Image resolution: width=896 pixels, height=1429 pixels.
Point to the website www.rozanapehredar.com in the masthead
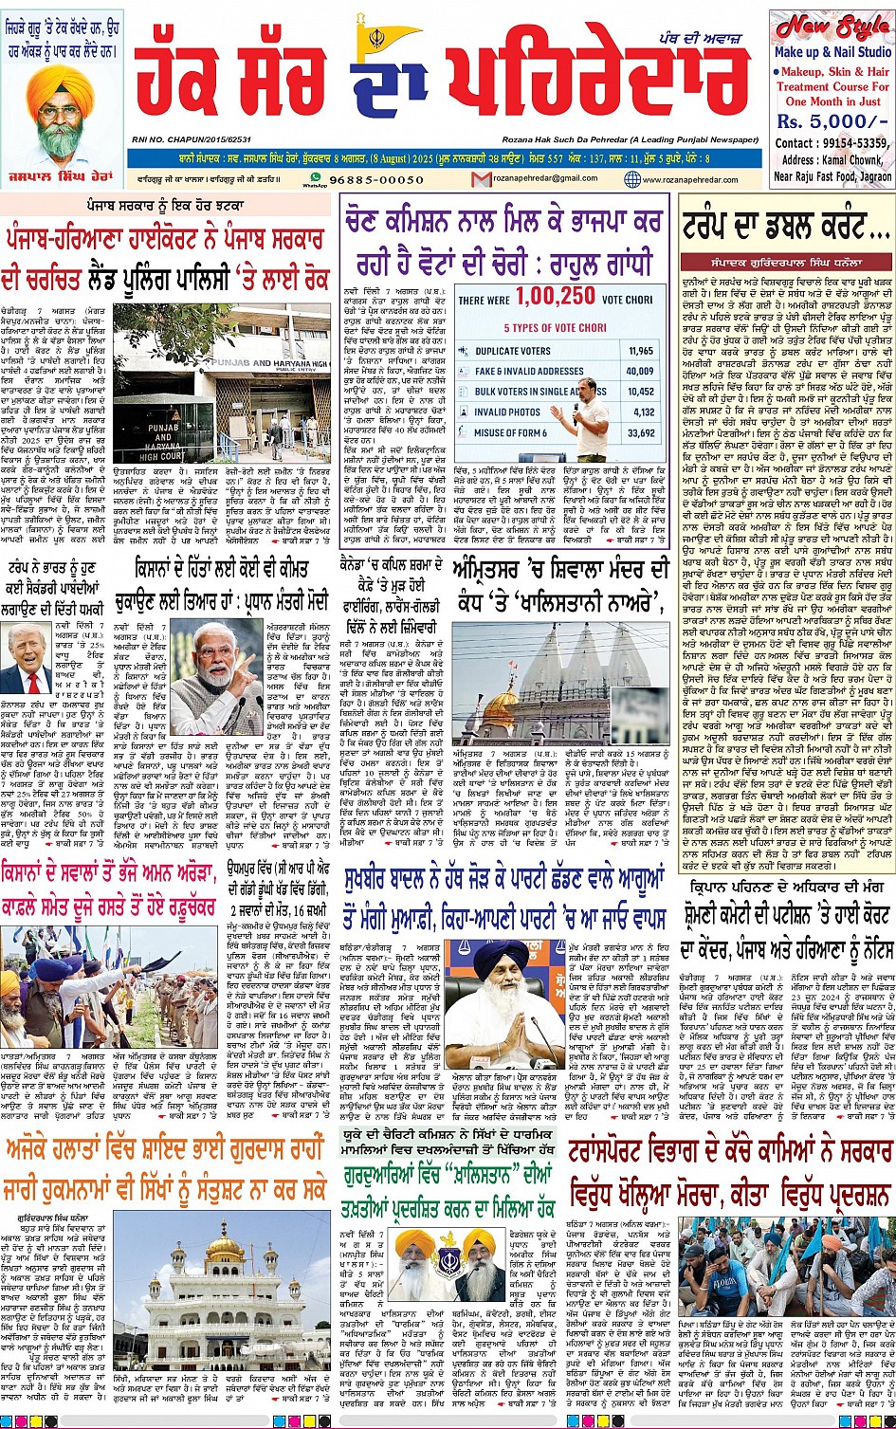pyautogui.click(x=694, y=179)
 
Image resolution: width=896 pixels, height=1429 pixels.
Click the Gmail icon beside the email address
pyautogui.click(x=487, y=179)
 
